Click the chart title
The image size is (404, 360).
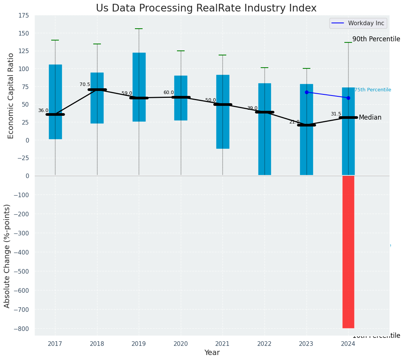(206, 8)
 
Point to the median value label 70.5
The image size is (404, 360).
(85, 84)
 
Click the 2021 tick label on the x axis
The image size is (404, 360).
(222, 344)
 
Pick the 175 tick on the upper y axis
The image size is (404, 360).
(24, 16)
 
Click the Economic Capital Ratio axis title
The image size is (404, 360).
(11, 96)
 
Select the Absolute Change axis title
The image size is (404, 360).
(7, 256)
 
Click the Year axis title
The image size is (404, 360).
(212, 353)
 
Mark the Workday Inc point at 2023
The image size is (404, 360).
(307, 92)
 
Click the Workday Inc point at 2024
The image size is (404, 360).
(348, 98)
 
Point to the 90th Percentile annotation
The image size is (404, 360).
(376, 39)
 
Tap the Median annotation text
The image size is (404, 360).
(370, 118)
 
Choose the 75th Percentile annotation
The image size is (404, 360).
(373, 90)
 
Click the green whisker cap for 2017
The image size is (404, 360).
(55, 40)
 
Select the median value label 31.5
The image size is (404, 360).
(336, 114)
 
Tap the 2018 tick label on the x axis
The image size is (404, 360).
(97, 344)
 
